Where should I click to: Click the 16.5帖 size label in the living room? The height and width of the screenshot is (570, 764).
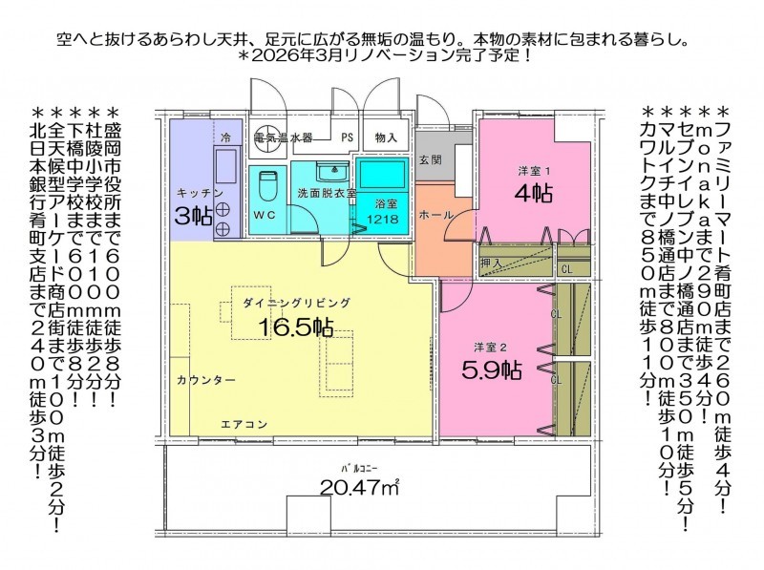coord(296,327)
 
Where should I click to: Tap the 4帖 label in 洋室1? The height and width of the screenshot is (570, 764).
coord(534,194)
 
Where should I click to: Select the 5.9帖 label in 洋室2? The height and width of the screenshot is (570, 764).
coord(491,370)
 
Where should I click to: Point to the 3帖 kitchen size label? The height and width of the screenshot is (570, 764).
coord(194,217)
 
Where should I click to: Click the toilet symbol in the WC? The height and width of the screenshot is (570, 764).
coord(267,185)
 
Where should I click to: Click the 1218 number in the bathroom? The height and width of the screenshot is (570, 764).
coord(383,220)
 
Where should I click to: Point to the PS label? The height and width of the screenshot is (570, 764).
coord(347,137)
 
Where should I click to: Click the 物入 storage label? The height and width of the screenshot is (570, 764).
coord(386,137)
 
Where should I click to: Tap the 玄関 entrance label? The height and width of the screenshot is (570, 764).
coord(431,159)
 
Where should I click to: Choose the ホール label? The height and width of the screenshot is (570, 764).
coord(436,215)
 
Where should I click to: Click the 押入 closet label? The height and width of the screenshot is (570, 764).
coord(491,264)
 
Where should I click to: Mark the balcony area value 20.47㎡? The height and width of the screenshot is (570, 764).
coord(360,487)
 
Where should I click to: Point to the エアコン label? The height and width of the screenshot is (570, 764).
coord(244,424)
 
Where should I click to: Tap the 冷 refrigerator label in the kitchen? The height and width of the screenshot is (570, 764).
coord(225,137)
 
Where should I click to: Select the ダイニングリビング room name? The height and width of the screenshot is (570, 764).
coord(296,303)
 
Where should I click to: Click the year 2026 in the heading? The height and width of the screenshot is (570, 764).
coord(269,55)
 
